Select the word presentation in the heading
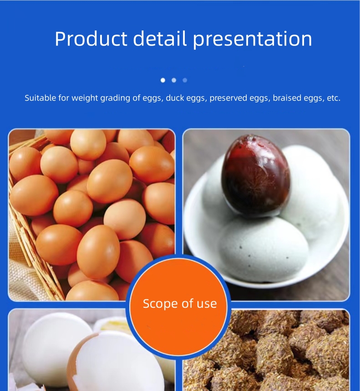(253, 40)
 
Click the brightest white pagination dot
(163, 80)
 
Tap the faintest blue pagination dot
(185, 80)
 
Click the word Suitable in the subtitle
(41, 98)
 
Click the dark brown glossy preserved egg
(255, 175)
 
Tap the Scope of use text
(180, 304)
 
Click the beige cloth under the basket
(23, 273)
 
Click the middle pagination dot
(174, 80)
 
